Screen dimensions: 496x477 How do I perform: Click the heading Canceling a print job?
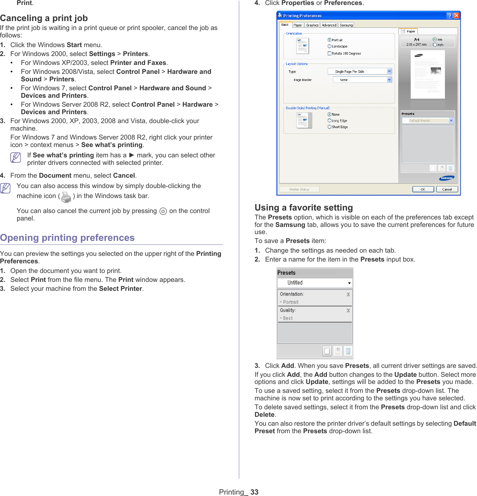[44, 18]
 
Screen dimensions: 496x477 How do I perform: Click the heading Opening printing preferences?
[67, 238]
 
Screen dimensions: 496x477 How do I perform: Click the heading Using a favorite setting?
[304, 208]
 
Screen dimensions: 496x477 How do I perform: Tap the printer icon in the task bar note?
[66, 197]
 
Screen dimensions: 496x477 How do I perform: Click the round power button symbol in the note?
[163, 211]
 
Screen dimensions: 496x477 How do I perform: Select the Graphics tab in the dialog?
[312, 25]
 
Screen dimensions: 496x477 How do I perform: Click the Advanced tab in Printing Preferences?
[329, 25]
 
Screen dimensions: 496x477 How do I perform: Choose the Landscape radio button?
[329, 46]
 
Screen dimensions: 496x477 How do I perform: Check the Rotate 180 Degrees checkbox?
[329, 54]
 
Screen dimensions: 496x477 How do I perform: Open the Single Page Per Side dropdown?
[389, 71]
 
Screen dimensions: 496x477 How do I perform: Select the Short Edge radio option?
[329, 127]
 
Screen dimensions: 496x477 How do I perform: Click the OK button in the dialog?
[423, 189]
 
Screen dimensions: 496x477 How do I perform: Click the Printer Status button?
[299, 189]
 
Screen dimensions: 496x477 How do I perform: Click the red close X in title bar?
[456, 15]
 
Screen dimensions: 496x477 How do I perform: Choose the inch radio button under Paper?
[435, 45]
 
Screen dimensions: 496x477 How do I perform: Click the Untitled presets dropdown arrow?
[349, 283]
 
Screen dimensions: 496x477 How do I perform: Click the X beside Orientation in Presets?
[348, 294]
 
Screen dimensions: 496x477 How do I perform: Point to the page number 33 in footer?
[254, 492]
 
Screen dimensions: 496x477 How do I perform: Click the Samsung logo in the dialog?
[446, 178]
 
